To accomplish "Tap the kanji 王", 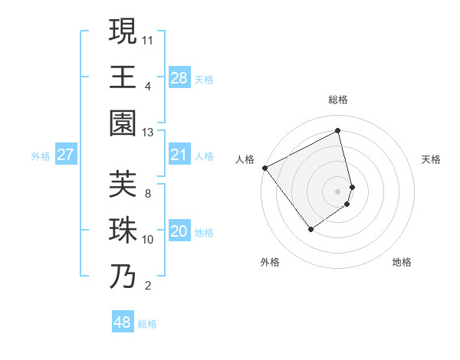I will pos(123,77).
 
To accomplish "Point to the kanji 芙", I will pos(123,184).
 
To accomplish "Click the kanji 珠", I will pos(123,231).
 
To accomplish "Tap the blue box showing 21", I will pos(179,155).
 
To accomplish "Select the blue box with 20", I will pos(179,231).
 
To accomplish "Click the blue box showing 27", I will pos(65,155).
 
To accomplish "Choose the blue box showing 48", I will pos(123,322).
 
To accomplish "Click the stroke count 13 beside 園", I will pos(148,133).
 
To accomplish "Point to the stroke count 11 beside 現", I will pos(148,38).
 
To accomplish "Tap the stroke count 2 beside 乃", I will pos(148,286).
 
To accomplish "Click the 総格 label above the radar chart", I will pos(338,100).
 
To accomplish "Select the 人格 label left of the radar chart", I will pos(245,159).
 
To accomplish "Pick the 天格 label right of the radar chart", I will pos(431,159).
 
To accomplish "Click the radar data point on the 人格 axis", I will pos(264,168).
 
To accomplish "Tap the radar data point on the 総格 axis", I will pos(338,131).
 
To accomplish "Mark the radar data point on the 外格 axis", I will pos(310,228).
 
